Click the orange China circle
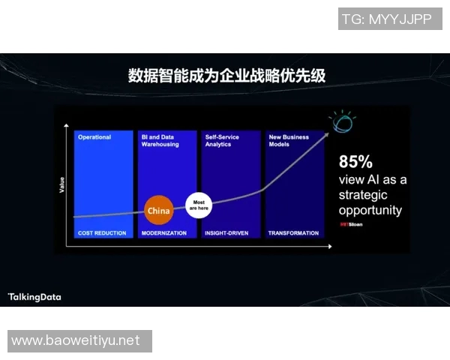[x=158, y=211]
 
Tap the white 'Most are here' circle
[x=199, y=205]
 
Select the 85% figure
[x=355, y=161]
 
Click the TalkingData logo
[x=34, y=297]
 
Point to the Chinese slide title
[x=226, y=76]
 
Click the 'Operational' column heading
[x=94, y=137]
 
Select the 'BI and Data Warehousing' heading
[x=160, y=140]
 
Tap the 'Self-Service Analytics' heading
[x=223, y=140]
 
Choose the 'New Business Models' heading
[x=289, y=140]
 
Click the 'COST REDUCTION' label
[x=102, y=233]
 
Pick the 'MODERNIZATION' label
[x=163, y=233]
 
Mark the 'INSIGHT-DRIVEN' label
[x=228, y=233]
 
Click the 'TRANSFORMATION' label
[x=293, y=233]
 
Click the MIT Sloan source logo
[x=351, y=223]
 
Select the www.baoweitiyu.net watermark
[x=76, y=340]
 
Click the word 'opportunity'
[x=370, y=210]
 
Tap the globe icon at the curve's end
[x=341, y=121]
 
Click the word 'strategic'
[x=364, y=195]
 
